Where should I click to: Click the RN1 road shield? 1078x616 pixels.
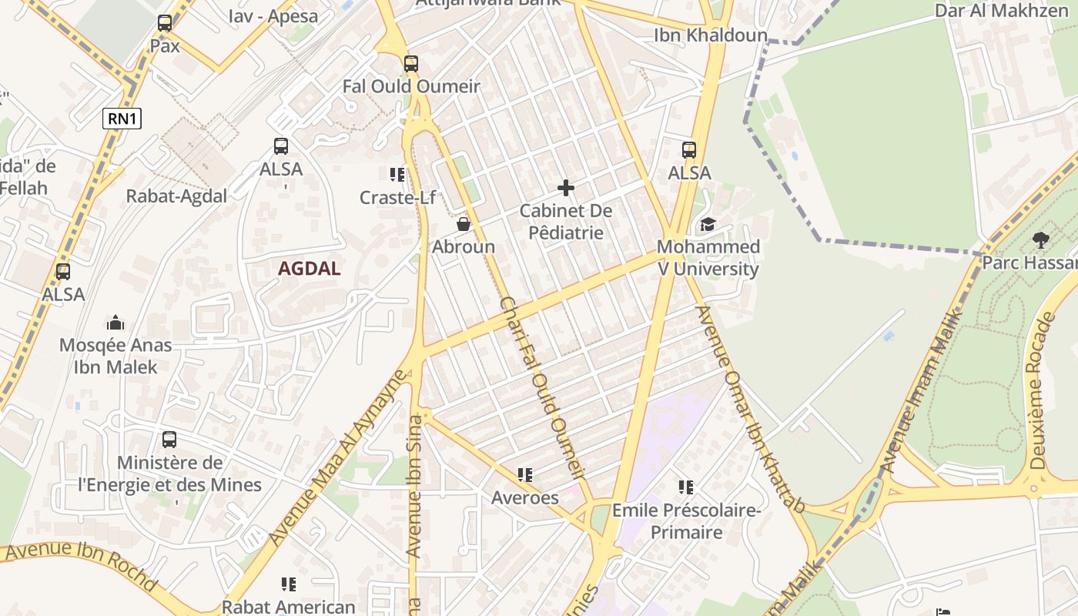[x=122, y=118]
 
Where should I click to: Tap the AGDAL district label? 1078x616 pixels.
[x=309, y=269]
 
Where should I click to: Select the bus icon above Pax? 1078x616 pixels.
[x=165, y=23]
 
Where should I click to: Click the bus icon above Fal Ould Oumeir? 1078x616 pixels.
[x=411, y=64]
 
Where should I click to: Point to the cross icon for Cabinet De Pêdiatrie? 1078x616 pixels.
[x=566, y=187]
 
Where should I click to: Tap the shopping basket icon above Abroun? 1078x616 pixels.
[x=464, y=224]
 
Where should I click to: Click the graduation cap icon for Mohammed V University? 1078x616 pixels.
[x=707, y=224]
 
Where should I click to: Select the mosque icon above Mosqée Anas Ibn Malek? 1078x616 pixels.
[x=115, y=322]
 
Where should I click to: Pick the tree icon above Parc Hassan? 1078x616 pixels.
[x=1040, y=239]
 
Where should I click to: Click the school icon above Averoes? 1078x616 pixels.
[x=525, y=475]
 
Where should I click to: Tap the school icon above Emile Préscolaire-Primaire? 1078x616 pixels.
[x=686, y=487]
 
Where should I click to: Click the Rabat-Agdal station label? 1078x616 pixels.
[x=176, y=196]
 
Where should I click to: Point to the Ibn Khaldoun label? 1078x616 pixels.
[x=711, y=35]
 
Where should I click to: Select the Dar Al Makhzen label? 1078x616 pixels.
[x=1001, y=11]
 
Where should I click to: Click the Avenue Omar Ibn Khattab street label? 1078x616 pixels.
[x=750, y=408]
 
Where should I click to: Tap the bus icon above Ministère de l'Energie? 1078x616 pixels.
[x=169, y=440]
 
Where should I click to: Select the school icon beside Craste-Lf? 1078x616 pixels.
[x=397, y=175]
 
